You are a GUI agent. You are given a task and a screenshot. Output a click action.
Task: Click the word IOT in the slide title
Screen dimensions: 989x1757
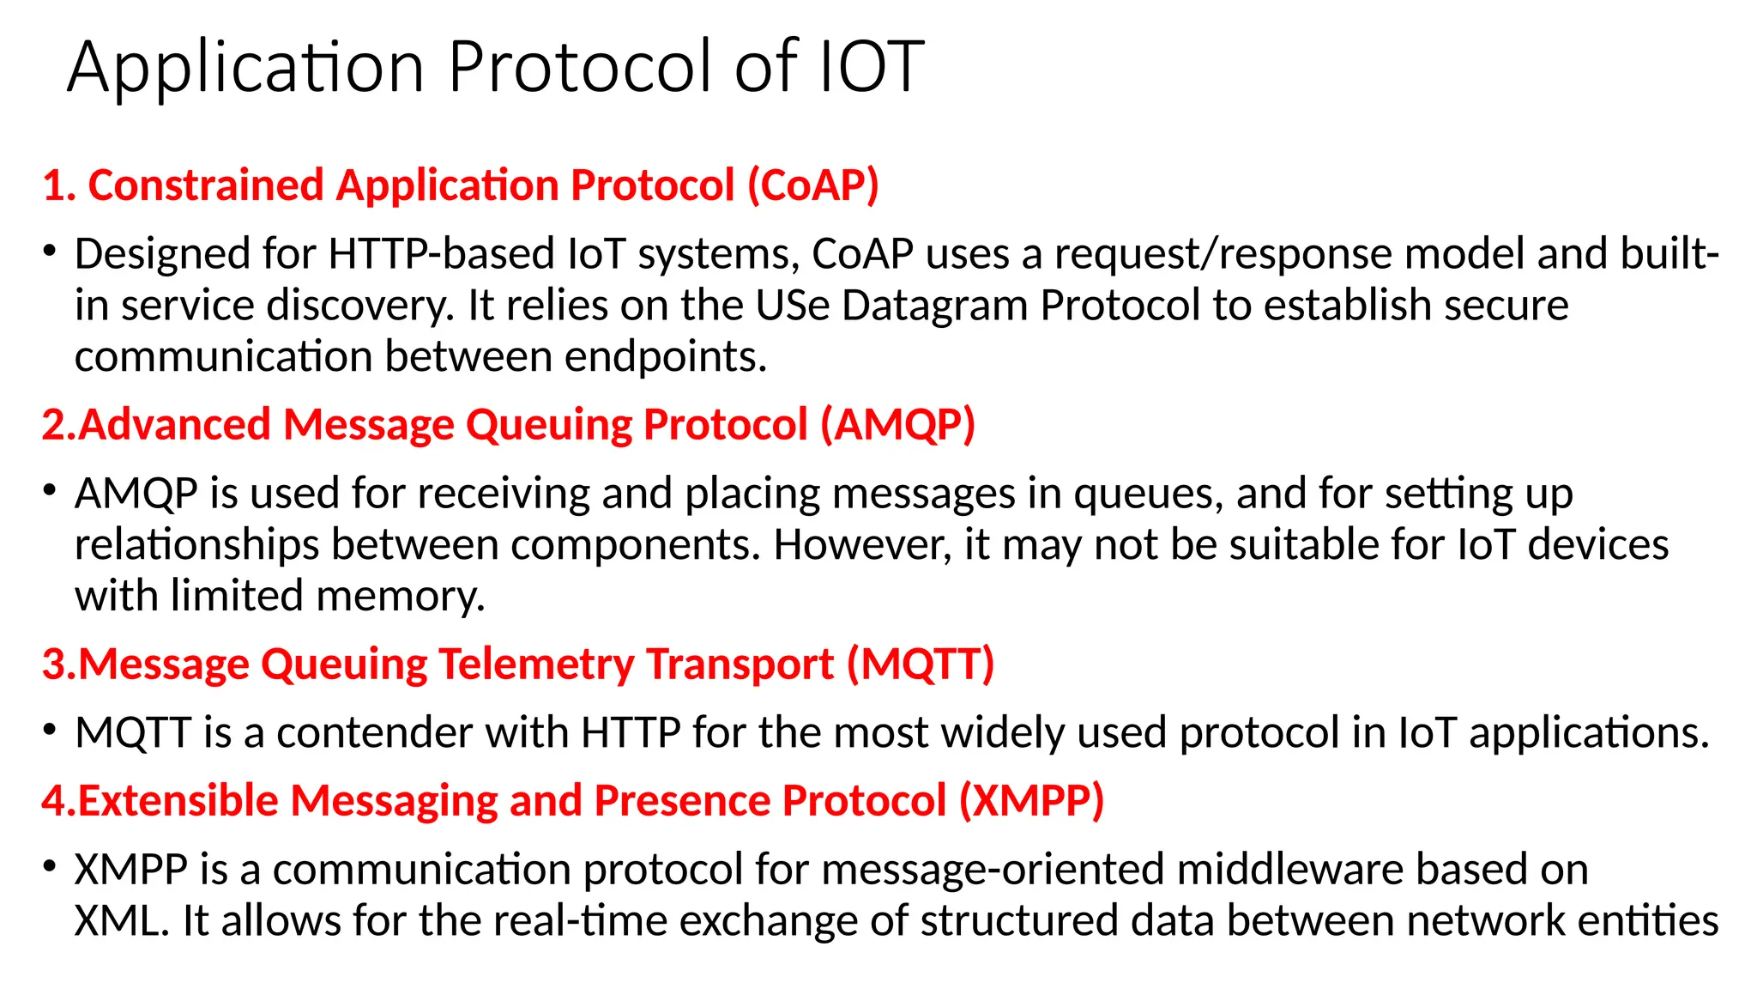pyautogui.click(x=871, y=67)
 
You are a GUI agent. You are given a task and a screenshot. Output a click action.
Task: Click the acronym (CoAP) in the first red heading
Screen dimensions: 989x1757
pyautogui.click(x=813, y=185)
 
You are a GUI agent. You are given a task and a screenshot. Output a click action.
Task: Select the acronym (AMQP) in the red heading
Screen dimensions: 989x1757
pyautogui.click(x=897, y=425)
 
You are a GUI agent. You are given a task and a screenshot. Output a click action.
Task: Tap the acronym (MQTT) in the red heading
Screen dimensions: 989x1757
pyautogui.click(x=921, y=664)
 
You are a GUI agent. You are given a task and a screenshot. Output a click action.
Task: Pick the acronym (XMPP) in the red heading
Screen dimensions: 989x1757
pyautogui.click(x=1031, y=801)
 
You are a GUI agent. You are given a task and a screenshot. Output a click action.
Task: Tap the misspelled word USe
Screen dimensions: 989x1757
pyautogui.click(x=793, y=306)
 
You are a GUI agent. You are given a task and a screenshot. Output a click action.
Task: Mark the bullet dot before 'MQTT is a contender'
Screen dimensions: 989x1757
pyautogui.click(x=50, y=731)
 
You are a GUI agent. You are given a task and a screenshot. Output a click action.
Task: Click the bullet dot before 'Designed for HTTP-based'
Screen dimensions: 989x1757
pyautogui.click(x=50, y=252)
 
